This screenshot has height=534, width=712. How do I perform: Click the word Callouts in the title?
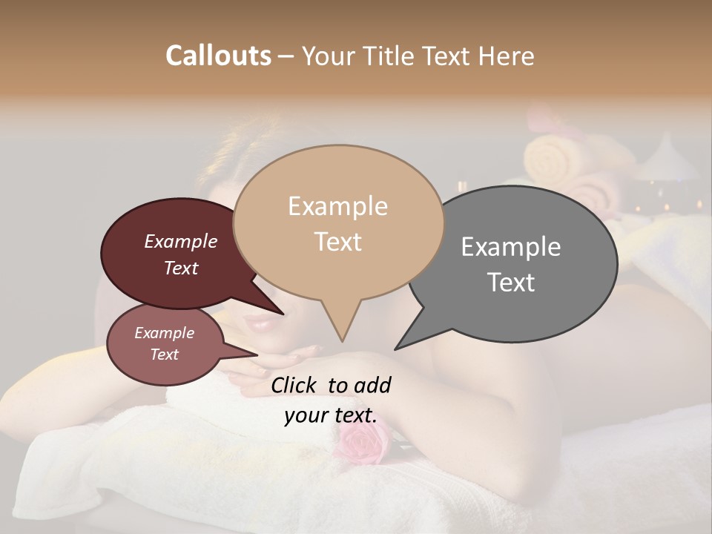[x=218, y=56]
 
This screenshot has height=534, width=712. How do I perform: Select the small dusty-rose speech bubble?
[x=165, y=344]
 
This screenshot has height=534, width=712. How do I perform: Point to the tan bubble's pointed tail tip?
[x=342, y=341]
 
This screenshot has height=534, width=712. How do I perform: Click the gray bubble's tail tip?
[x=395, y=349]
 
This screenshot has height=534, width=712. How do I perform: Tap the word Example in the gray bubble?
[x=510, y=246]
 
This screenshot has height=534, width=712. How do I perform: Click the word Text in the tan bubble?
[x=337, y=242]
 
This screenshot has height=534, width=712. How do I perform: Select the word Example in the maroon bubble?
[x=180, y=242]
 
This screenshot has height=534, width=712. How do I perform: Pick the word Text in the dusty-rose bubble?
[x=165, y=355]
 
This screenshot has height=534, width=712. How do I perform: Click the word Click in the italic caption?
[x=295, y=385]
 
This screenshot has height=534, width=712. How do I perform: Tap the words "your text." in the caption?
[x=330, y=415]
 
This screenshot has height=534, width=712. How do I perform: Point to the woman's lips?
[x=260, y=324]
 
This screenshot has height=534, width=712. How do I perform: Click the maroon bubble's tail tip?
[x=283, y=314]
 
